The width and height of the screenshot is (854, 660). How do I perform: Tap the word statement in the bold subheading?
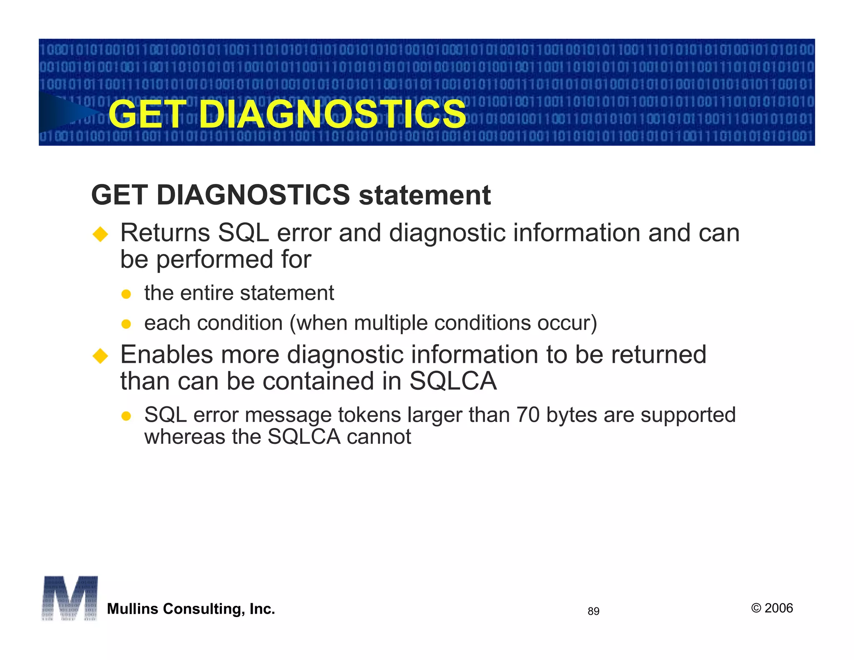click(424, 195)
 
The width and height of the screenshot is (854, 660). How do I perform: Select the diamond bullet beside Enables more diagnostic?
click(100, 356)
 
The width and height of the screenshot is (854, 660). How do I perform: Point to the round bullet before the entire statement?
click(126, 295)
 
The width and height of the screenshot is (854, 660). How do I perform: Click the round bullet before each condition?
click(126, 324)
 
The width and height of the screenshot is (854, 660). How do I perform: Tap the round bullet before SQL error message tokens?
click(126, 416)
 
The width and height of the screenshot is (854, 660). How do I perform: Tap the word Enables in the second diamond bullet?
click(166, 355)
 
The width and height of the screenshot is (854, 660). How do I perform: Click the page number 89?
click(593, 611)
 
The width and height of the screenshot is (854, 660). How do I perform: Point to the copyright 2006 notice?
click(772, 608)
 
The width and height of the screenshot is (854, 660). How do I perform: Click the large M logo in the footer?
click(70, 598)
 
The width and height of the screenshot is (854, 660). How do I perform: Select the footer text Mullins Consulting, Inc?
click(191, 609)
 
